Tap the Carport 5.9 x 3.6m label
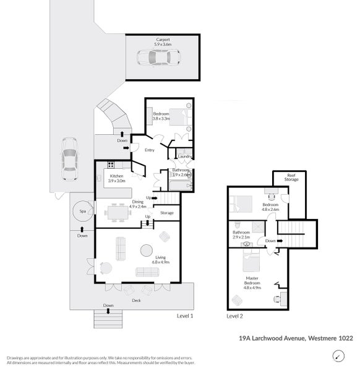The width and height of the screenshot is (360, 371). pyautogui.click(x=163, y=42)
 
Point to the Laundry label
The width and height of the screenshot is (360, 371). pyautogui.click(x=184, y=156)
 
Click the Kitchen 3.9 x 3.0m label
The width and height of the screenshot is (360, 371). pyautogui.click(x=117, y=179)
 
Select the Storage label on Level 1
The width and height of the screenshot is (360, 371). pyautogui.click(x=167, y=213)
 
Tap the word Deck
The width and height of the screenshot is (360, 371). pyautogui.click(x=136, y=301)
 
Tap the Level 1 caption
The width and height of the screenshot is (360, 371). pyautogui.click(x=184, y=315)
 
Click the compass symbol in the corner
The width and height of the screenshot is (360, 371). pyautogui.click(x=338, y=356)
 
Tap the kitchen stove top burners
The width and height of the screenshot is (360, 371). pyautogui.click(x=111, y=164)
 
